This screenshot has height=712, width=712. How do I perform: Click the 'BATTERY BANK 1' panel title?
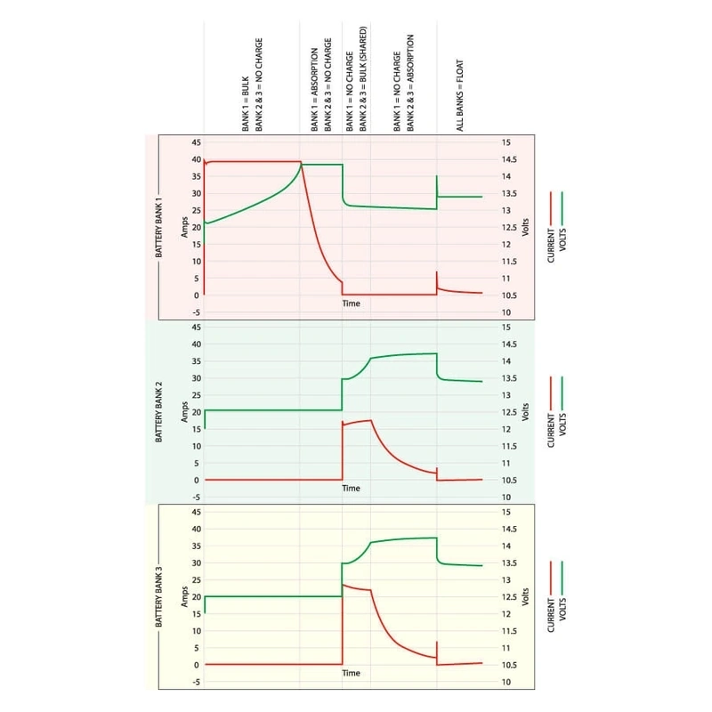click(158, 227)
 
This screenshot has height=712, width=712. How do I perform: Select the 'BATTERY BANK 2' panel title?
click(158, 411)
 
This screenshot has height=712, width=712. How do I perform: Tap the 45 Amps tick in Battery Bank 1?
click(197, 142)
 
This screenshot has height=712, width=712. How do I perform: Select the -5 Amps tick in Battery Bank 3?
click(197, 682)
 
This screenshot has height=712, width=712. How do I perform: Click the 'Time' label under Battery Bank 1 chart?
click(352, 303)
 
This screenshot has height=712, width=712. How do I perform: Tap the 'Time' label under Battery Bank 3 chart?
click(352, 674)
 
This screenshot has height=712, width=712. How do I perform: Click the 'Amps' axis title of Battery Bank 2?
click(184, 411)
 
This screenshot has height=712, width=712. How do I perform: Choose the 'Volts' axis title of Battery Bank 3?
click(525, 597)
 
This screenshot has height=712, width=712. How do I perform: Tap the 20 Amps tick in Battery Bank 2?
click(197, 412)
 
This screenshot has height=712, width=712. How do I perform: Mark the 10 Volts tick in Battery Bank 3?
click(506, 682)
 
